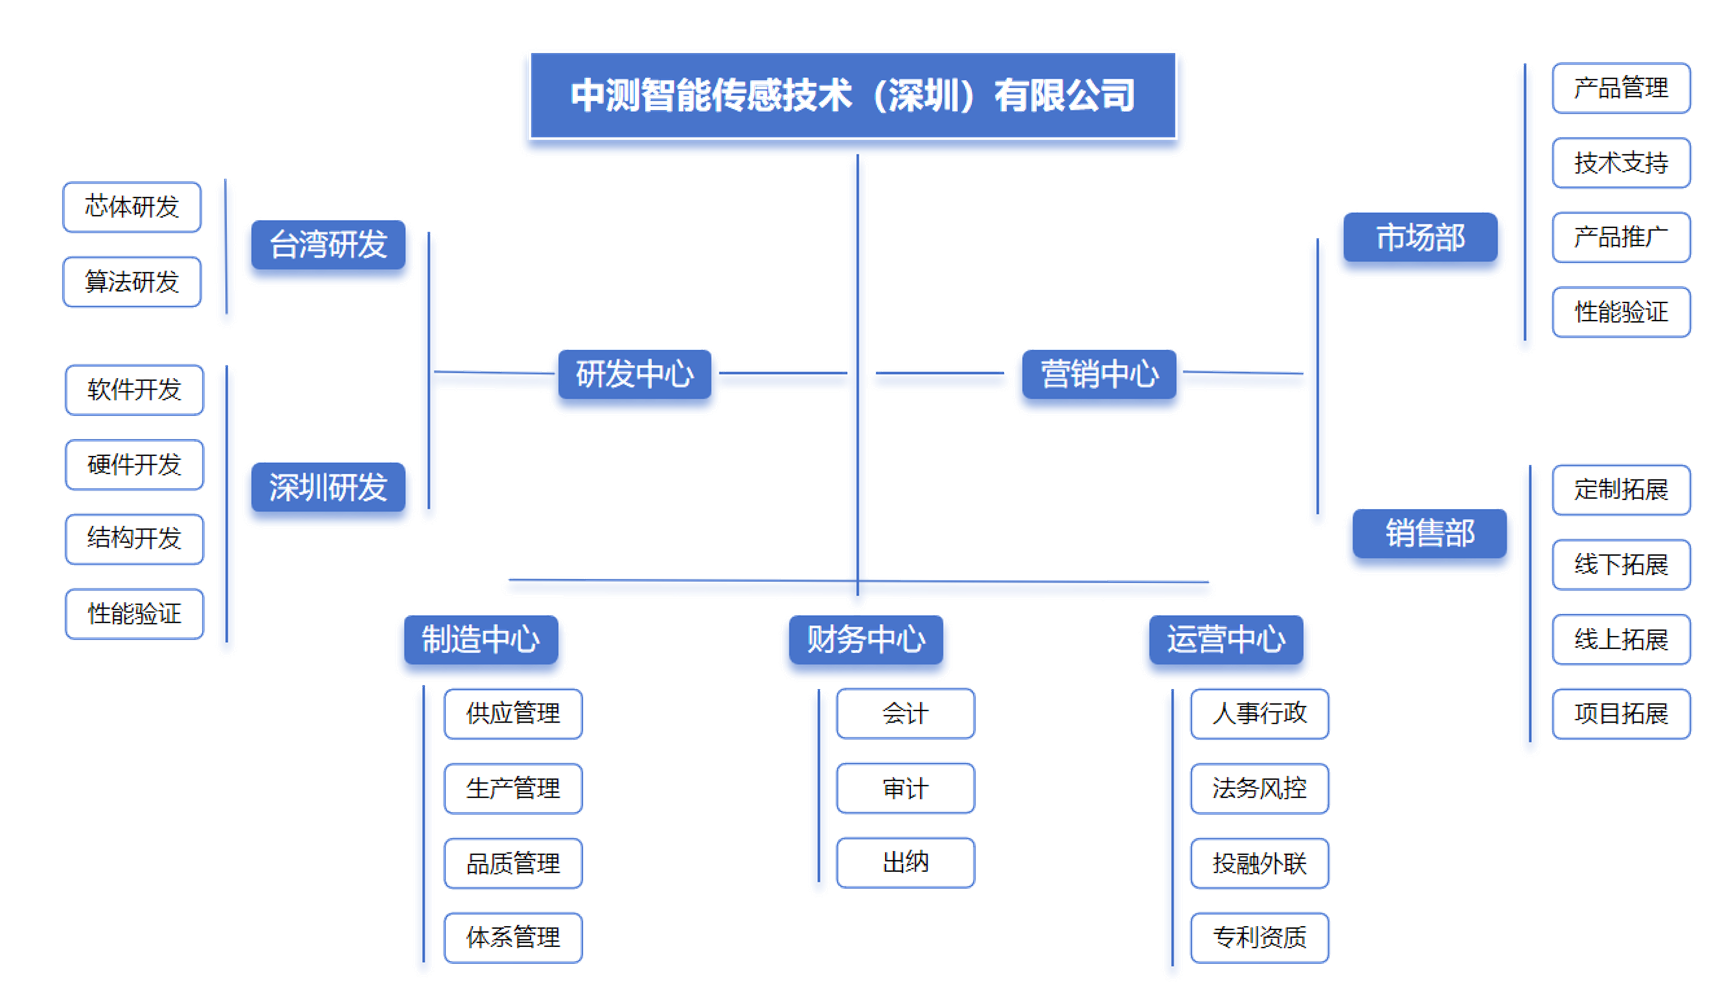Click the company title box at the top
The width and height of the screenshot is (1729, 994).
click(853, 95)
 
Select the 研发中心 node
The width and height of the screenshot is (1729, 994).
click(635, 373)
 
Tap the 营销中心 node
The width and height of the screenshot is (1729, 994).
click(1099, 373)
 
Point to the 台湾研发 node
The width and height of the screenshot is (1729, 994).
click(328, 244)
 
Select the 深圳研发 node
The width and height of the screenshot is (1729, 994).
click(328, 487)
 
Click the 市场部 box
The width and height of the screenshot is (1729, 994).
click(1420, 237)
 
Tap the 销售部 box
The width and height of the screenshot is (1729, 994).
click(1430, 532)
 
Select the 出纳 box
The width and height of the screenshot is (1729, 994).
click(906, 863)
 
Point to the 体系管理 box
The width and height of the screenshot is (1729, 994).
click(513, 937)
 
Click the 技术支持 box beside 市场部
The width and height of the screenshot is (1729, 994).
click(1621, 162)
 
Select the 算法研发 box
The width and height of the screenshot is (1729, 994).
click(132, 281)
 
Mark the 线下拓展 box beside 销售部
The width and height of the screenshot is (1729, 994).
click(1621, 565)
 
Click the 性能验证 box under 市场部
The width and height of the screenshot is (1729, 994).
click(1621, 312)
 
